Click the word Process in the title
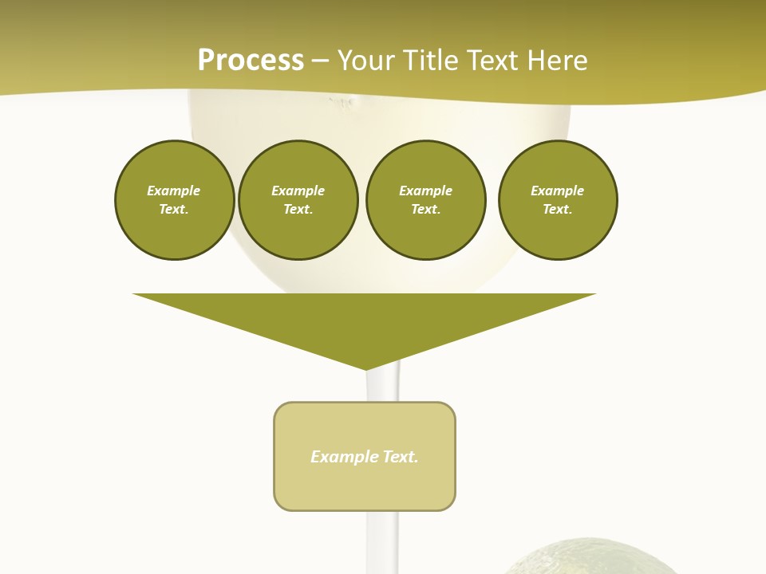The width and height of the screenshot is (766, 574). pos(251,60)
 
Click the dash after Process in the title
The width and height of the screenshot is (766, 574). pos(320,61)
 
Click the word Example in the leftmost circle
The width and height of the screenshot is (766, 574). pos(174,191)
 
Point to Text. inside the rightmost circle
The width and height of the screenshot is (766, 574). pos(558,209)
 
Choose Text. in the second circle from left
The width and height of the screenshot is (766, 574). pos(298,209)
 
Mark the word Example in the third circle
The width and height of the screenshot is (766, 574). pos(425,191)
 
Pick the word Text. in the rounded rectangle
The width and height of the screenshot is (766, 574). pos(401,457)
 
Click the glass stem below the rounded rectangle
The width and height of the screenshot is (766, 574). pos(382,542)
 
